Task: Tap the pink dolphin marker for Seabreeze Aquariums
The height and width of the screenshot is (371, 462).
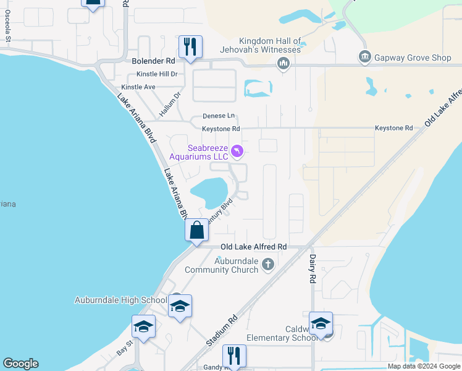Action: point(237,151)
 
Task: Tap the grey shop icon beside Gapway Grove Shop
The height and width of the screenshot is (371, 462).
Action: point(364,58)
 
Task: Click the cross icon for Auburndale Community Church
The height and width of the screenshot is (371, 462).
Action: point(267,265)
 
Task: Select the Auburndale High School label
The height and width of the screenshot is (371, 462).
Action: point(121,300)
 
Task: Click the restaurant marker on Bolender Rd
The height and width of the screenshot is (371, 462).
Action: point(190,46)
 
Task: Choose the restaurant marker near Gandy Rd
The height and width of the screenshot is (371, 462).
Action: point(234,355)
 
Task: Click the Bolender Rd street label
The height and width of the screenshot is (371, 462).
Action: point(154,61)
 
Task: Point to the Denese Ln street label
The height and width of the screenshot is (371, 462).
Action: point(219,116)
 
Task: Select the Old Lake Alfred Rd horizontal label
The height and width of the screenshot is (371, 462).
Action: point(253,246)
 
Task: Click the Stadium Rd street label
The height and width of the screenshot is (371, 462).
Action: point(222,332)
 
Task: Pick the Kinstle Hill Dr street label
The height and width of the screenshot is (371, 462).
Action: point(157,74)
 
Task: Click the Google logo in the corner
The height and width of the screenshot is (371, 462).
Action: point(20,364)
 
